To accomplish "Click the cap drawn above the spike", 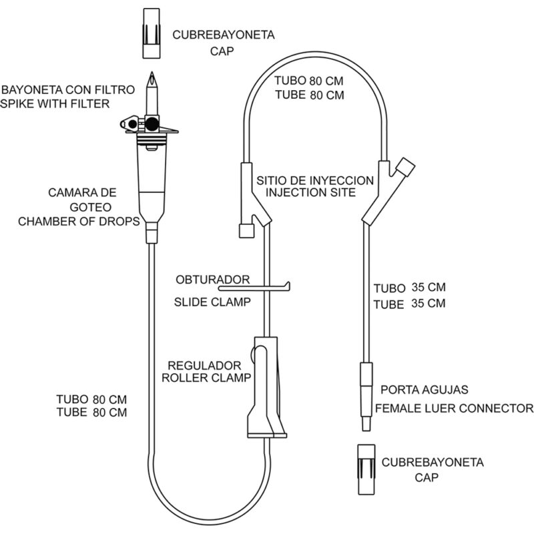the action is (152, 33).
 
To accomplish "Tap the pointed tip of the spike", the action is (152, 72).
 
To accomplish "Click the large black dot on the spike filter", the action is (152, 123).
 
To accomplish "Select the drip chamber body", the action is (152, 177).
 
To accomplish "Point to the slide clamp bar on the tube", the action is (254, 288).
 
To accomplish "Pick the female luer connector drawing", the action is (366, 396).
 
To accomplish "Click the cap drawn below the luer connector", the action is (366, 470).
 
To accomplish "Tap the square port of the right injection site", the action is (406, 167).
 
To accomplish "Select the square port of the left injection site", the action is (246, 231).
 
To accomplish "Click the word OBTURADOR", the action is (212, 280).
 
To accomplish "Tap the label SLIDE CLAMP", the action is (212, 302).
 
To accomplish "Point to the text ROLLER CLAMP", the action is (206, 377).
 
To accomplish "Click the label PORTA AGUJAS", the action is (424, 390).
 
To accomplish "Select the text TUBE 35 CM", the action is (409, 304).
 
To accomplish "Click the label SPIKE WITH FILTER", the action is (55, 103).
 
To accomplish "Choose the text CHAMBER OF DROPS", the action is (79, 222).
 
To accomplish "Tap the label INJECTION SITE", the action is (310, 192).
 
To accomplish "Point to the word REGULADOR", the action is (204, 365).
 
